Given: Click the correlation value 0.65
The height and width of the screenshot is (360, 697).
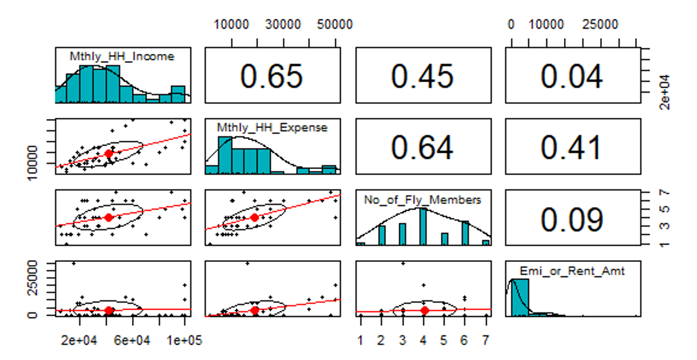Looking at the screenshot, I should [272, 76].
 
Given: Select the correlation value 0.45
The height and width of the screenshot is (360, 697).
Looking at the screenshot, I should [422, 76].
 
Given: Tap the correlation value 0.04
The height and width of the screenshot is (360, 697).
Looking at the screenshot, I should [572, 76].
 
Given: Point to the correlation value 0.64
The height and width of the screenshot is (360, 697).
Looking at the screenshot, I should [422, 147].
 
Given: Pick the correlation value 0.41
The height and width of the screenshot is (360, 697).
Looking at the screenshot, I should [572, 147].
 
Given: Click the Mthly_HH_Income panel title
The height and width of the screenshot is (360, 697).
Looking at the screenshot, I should [122, 56].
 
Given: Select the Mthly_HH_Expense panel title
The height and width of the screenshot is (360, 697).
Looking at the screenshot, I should [272, 127].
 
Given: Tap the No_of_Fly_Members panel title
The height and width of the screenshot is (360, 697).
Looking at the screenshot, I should [422, 200].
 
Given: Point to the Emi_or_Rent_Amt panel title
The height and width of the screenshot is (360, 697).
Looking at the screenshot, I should [572, 272].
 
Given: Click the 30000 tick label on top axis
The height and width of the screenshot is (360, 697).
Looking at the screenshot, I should [283, 24].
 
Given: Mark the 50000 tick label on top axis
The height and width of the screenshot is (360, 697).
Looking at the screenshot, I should [335, 24].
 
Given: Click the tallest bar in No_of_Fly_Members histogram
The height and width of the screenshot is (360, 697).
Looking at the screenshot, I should [423, 226].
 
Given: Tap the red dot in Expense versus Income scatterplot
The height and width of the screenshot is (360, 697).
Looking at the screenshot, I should [108, 153].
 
